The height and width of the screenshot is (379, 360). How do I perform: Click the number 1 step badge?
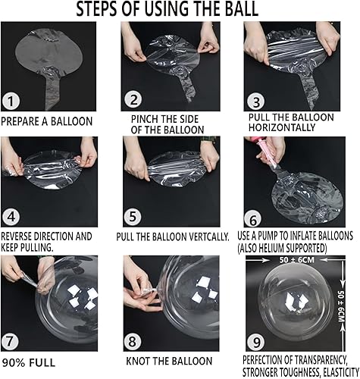(11, 102)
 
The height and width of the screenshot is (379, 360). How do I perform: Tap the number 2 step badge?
(134, 100)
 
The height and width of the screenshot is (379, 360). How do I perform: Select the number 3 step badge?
(255, 102)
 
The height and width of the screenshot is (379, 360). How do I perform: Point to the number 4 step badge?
(11, 217)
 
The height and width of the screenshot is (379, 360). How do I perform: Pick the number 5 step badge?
(133, 217)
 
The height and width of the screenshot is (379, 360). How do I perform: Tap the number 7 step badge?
(10, 341)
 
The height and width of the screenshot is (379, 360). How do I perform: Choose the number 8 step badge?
(133, 342)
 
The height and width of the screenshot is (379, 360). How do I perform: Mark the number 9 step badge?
(256, 342)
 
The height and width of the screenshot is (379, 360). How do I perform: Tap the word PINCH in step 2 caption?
(142, 119)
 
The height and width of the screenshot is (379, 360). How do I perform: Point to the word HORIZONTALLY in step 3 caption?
(282, 127)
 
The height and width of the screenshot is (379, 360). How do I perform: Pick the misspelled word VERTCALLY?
(209, 237)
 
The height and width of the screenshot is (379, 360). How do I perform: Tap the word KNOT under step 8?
(138, 361)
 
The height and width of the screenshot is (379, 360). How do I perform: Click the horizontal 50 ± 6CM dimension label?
(297, 260)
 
